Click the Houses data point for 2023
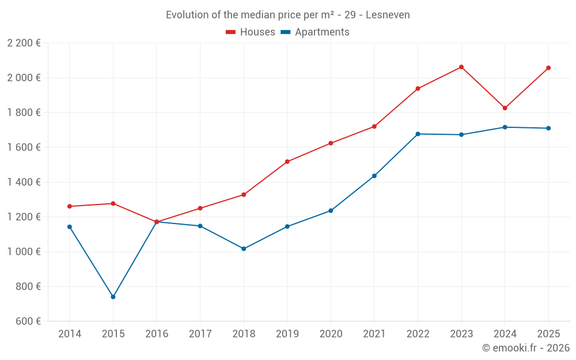click(461, 67)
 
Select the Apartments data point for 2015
click(113, 297)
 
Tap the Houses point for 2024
click(505, 108)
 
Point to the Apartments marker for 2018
click(244, 249)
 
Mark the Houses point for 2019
click(287, 162)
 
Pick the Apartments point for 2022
click(418, 134)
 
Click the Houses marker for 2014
click(70, 206)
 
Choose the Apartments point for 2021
click(374, 176)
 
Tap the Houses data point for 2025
click(548, 68)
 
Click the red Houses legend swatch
click(231, 32)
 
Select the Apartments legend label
click(322, 32)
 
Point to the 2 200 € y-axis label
click(24, 43)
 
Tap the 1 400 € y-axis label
click(24, 182)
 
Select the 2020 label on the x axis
click(331, 334)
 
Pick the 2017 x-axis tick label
click(200, 334)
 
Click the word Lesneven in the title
click(388, 15)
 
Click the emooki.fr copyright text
click(526, 348)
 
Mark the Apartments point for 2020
click(331, 211)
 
